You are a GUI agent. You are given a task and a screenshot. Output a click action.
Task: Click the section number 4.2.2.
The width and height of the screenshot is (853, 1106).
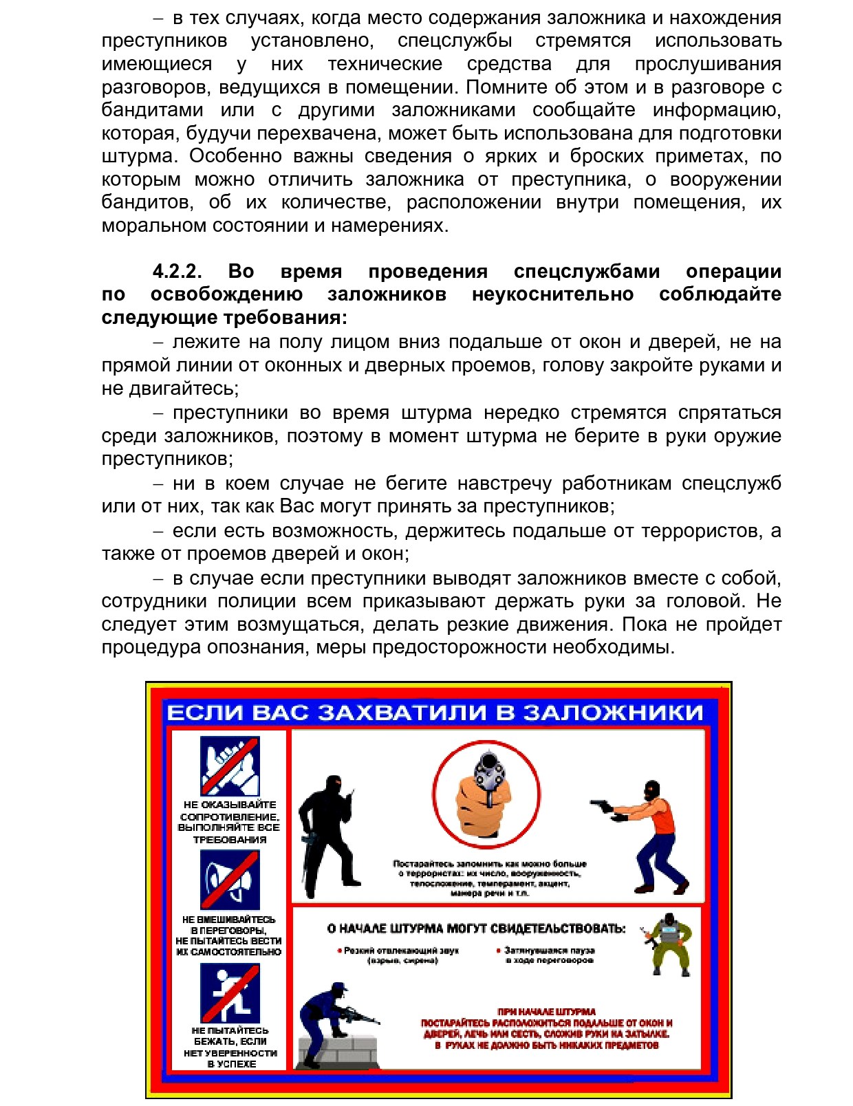click(177, 271)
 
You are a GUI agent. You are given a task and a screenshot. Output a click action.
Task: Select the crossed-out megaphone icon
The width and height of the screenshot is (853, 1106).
click(230, 880)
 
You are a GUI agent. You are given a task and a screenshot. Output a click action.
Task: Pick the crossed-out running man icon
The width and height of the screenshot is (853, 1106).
click(230, 993)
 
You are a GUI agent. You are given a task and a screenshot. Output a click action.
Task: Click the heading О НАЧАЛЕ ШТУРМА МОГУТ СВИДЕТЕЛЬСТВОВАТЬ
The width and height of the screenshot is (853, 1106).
click(476, 929)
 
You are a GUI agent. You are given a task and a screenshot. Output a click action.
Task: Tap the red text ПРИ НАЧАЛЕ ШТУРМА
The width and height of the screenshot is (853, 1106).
click(547, 1011)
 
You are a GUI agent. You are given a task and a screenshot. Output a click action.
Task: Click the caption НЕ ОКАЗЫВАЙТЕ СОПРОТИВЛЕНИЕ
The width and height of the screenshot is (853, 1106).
click(230, 810)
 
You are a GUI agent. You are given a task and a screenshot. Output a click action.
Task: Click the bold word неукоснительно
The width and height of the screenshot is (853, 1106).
click(552, 294)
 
